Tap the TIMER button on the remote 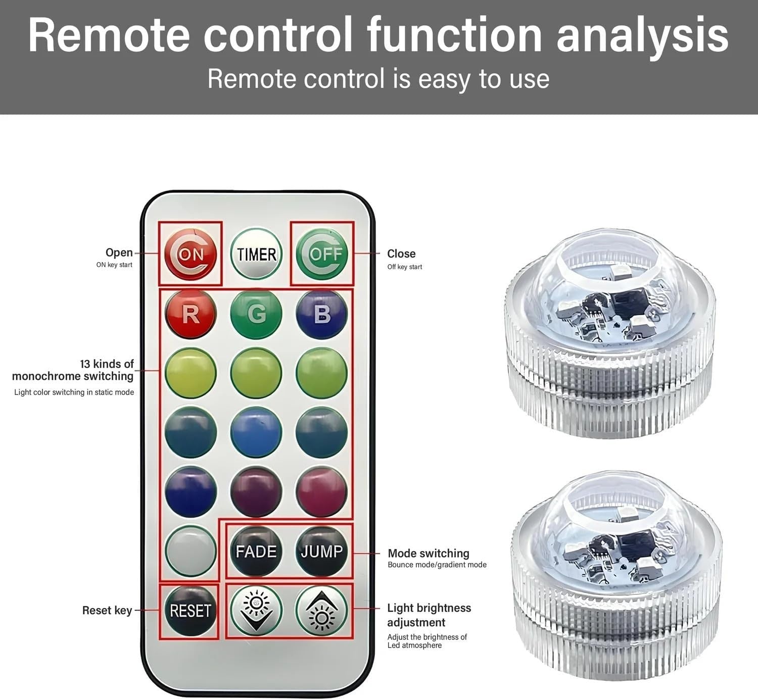(256, 254)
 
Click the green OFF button (322, 254)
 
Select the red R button (191, 314)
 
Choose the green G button (256, 314)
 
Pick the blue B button (322, 314)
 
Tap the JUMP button (322, 551)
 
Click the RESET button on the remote (191, 611)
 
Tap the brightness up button (322, 611)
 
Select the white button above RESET (191, 551)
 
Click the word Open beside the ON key (119, 253)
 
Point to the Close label (401, 254)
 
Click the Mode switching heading (428, 554)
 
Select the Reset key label (107, 611)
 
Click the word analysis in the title (643, 35)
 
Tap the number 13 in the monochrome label (85, 364)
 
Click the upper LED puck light (609, 333)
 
